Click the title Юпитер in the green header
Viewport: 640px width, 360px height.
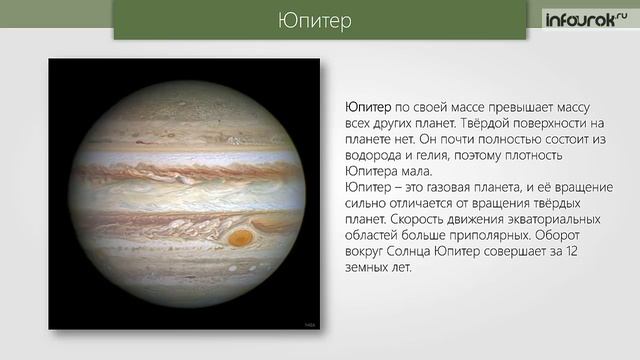coord(319,21)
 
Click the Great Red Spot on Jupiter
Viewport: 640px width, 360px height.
coord(241,237)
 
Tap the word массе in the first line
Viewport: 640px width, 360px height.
coord(451,106)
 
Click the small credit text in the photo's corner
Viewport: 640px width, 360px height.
coord(307,323)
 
